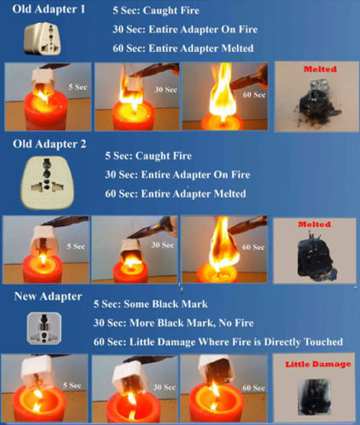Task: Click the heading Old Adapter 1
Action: coord(48,9)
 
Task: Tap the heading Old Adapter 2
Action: coord(49,144)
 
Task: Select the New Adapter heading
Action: coord(48,297)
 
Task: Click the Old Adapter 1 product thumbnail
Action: coord(42,39)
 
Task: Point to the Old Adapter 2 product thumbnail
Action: coord(48,183)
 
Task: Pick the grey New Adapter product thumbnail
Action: coord(44,328)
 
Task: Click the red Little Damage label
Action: coord(318,365)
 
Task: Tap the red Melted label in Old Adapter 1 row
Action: coord(320,69)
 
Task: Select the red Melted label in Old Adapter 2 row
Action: coord(314,224)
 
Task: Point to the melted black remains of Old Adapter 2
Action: coord(316,258)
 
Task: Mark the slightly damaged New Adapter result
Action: coord(314,397)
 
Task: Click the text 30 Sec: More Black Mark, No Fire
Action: coord(173,323)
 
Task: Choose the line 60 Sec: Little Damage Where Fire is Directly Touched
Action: coord(218,342)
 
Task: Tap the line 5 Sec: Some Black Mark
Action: coord(150,304)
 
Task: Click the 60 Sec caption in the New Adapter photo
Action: coord(253,388)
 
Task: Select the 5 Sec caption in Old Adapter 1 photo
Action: coord(77,87)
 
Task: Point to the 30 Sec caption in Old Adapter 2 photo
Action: coord(162,245)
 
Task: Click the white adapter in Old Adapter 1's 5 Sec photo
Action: coord(43,80)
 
